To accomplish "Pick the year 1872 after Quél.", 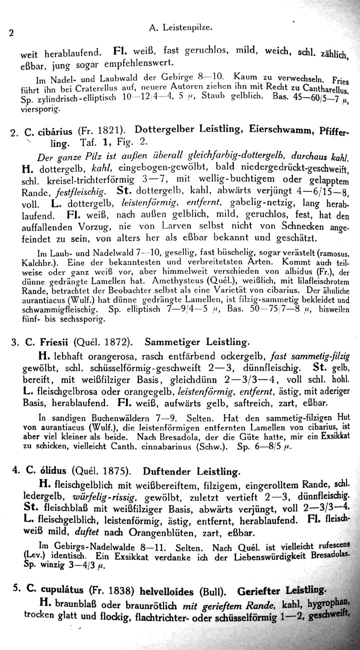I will point(116,343).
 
